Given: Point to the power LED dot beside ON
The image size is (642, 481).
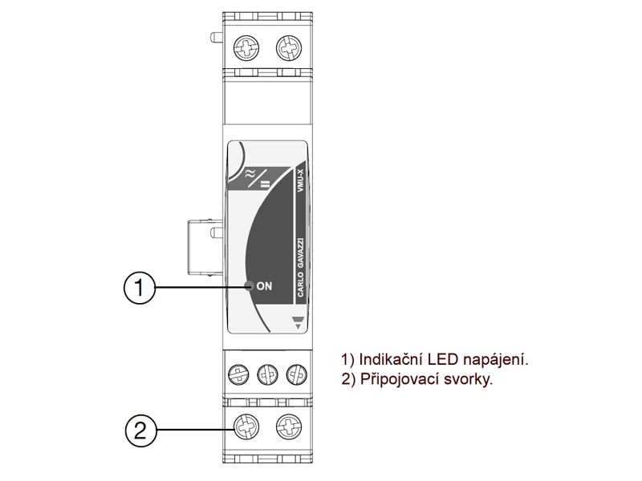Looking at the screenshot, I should [x=249, y=286].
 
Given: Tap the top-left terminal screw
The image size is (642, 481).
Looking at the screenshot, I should [x=245, y=50].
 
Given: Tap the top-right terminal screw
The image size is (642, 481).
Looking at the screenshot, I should [x=286, y=50].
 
